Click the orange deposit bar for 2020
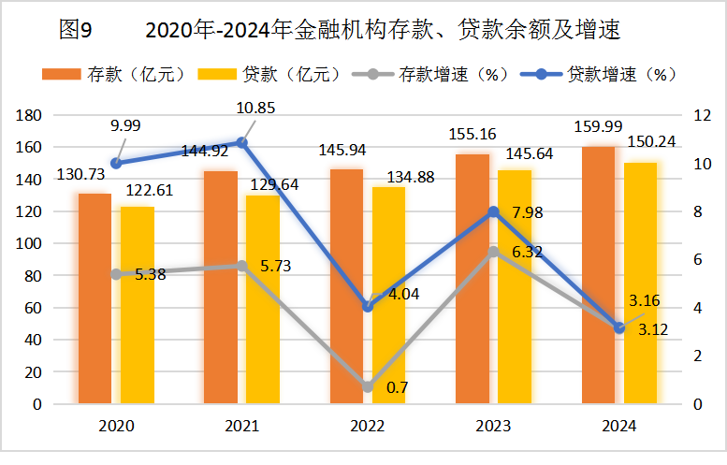[x=95, y=299]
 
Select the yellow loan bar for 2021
[x=263, y=299]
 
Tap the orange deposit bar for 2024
[x=598, y=276]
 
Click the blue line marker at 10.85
[x=241, y=142]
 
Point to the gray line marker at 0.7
[x=368, y=386]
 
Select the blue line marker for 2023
[x=493, y=211]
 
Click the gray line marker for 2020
[x=116, y=274]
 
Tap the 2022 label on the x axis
[x=368, y=426]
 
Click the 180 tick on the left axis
[x=31, y=115]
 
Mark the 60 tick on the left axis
[x=35, y=308]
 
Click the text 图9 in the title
[x=76, y=30]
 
